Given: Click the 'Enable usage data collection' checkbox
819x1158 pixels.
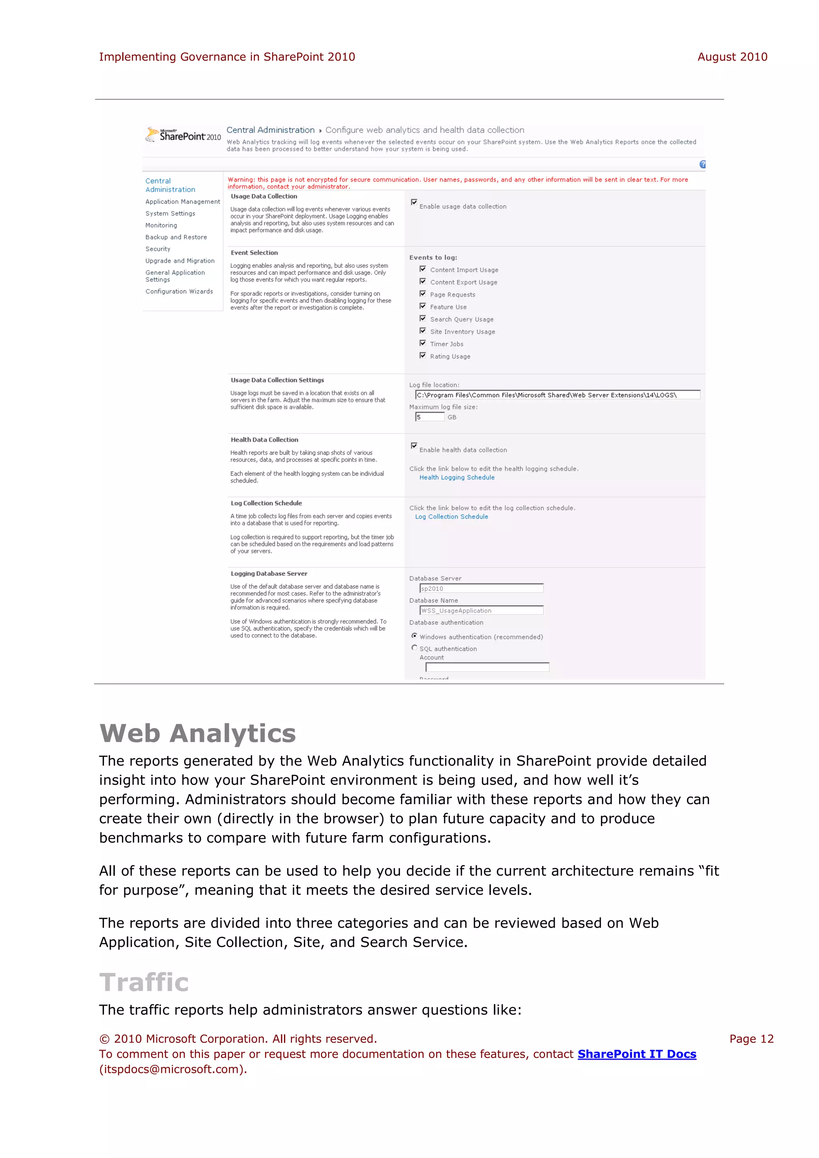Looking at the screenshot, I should coord(414,202).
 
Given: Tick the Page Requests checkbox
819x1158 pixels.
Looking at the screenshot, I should coord(423,293).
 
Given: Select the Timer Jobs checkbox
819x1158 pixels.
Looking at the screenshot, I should coord(423,343).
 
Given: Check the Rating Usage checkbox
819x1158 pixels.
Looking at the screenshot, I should coord(423,355).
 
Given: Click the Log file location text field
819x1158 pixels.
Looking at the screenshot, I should coord(557,395).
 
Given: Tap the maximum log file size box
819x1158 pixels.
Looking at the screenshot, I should coord(429,417).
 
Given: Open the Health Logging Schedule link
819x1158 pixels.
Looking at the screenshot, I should coord(457,477).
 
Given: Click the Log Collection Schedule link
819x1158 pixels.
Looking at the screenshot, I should coord(451,517).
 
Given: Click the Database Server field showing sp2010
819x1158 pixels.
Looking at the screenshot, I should coord(481,589).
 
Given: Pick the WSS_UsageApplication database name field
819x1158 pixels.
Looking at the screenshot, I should coord(481,611).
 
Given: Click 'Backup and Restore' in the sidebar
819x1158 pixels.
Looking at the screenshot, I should coord(176,237).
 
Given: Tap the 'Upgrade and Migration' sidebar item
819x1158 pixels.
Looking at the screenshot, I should coord(180,261).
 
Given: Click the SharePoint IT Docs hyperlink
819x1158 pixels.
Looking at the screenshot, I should coord(636,1054).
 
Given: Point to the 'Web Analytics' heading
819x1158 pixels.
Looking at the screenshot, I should coord(198,733).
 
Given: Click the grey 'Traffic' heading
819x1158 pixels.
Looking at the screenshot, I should coord(144,982).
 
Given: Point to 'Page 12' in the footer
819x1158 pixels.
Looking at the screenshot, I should coord(751,1039).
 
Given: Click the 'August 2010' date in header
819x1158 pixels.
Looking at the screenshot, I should coord(732,57).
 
